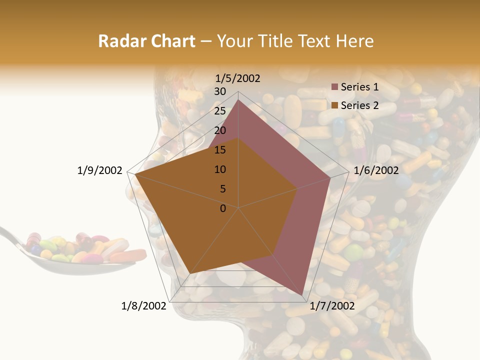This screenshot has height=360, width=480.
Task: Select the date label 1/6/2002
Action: coord(376,170)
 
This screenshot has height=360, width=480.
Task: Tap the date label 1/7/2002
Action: coord(332,306)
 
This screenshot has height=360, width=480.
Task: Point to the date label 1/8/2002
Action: coord(143,306)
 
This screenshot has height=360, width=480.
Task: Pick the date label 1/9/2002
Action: coord(100,170)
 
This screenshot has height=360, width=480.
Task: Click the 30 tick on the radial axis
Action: coord(220,91)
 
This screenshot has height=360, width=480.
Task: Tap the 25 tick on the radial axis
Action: coord(220,111)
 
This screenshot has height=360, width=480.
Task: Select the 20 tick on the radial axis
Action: coord(220,130)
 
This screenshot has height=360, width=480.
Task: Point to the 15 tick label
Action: coord(220,150)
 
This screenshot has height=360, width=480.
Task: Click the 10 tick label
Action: coord(220,169)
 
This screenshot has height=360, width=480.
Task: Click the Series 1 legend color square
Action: coord(335,87)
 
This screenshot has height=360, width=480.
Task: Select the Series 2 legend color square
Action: coord(335,105)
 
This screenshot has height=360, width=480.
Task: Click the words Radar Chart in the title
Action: coord(146,41)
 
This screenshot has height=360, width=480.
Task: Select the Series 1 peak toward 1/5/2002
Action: coord(238,100)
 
